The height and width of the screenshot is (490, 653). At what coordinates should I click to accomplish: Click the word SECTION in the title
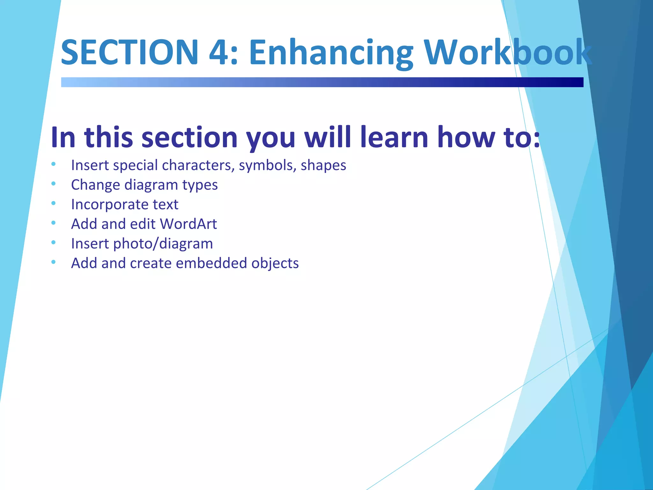(x=129, y=52)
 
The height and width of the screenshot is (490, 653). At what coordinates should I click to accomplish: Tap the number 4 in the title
(x=219, y=52)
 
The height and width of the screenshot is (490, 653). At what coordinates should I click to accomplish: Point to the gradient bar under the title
(x=322, y=82)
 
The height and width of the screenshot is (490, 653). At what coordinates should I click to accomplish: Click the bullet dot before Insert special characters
(x=54, y=164)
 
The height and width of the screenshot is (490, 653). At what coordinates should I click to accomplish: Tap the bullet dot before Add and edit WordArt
(x=54, y=223)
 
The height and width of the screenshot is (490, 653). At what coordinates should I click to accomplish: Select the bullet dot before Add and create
(x=54, y=262)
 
